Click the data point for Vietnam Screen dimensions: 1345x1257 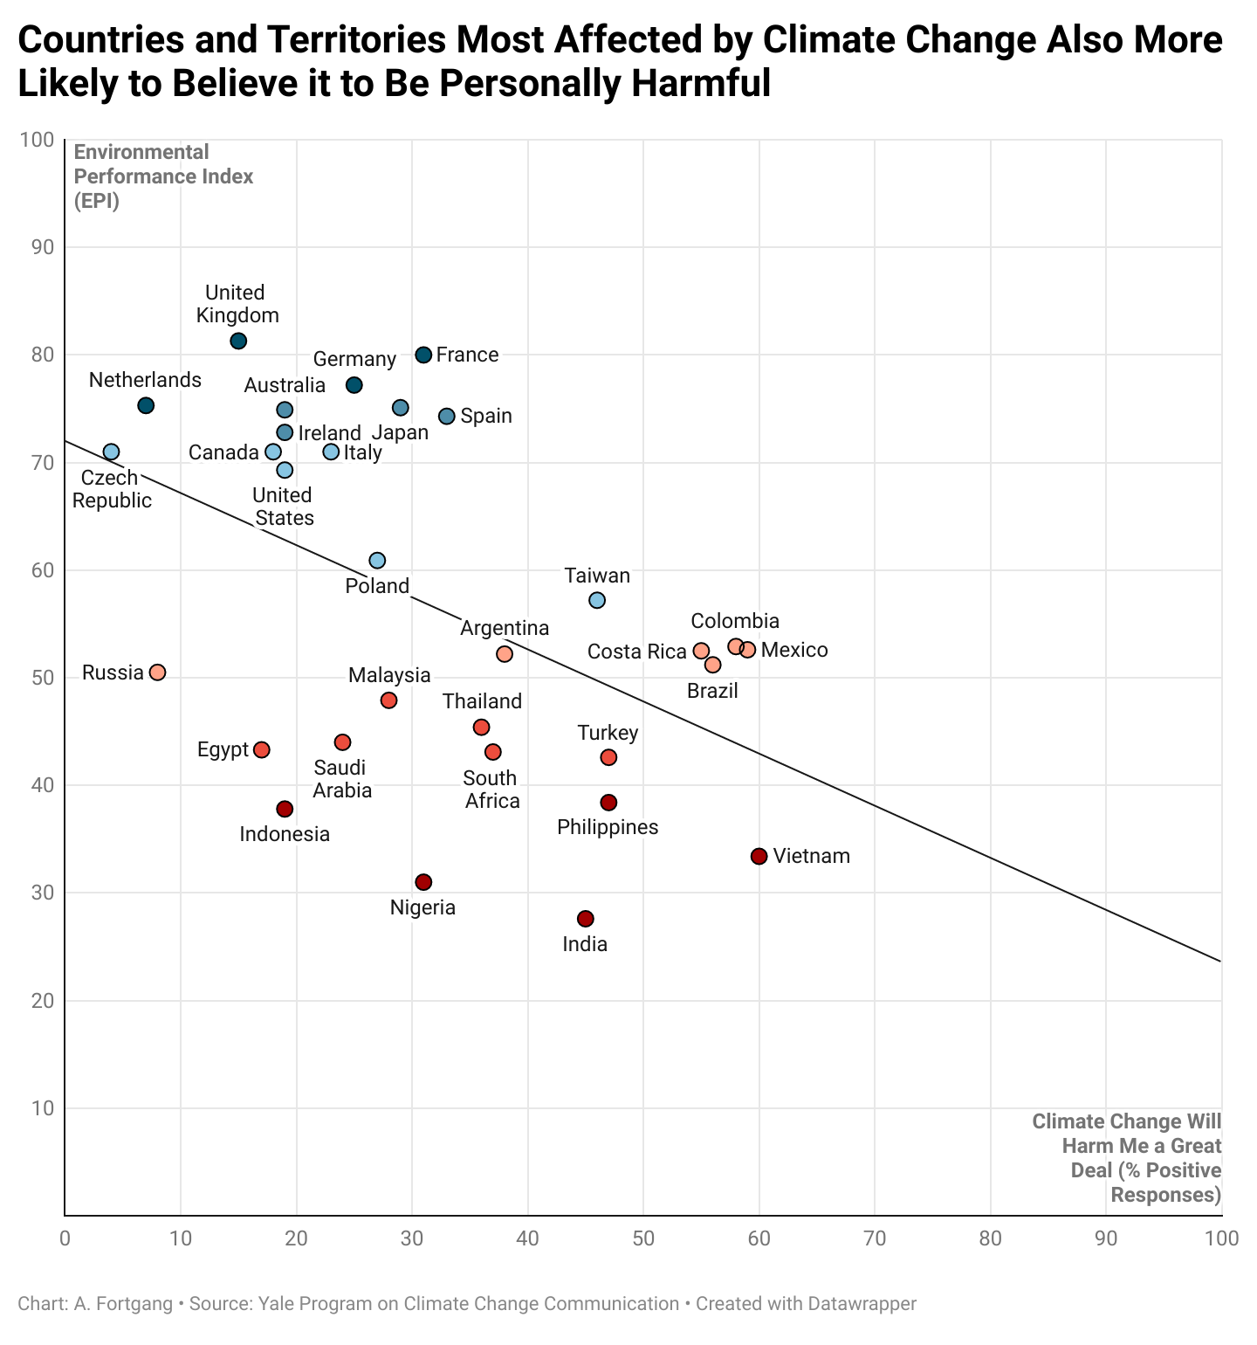[759, 856]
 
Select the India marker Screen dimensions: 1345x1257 [585, 919]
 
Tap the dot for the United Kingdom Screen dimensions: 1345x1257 [238, 341]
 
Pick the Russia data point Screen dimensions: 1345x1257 [157, 672]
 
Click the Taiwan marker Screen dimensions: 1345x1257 [597, 600]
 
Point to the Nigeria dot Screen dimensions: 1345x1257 [423, 882]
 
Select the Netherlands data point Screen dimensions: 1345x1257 [146, 405]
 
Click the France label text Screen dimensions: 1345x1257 [467, 355]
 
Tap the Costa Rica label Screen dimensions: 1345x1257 [636, 652]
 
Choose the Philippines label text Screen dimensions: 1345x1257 [608, 827]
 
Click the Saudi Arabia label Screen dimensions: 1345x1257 [341, 779]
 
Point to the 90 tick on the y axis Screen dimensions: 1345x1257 [42, 247]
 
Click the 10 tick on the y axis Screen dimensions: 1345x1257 [42, 1108]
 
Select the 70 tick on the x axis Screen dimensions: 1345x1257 [875, 1238]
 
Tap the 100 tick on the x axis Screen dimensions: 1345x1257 [1220, 1238]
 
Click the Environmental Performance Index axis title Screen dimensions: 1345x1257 [163, 176]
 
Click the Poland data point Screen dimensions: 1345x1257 [377, 561]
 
